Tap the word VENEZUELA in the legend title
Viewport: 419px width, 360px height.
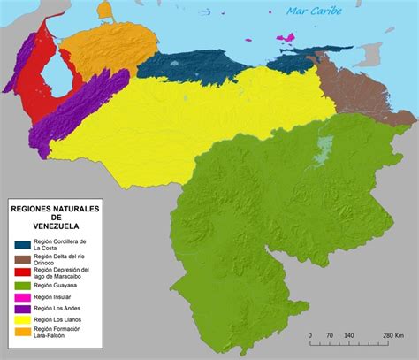(x=55, y=225)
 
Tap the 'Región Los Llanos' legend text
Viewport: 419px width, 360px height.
(x=61, y=320)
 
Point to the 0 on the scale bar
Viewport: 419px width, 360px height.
(x=309, y=336)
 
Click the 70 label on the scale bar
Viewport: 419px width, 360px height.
(x=330, y=336)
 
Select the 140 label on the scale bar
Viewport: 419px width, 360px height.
(x=350, y=336)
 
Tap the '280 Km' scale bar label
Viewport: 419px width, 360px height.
(x=392, y=336)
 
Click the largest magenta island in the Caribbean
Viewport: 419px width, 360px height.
(x=286, y=38)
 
